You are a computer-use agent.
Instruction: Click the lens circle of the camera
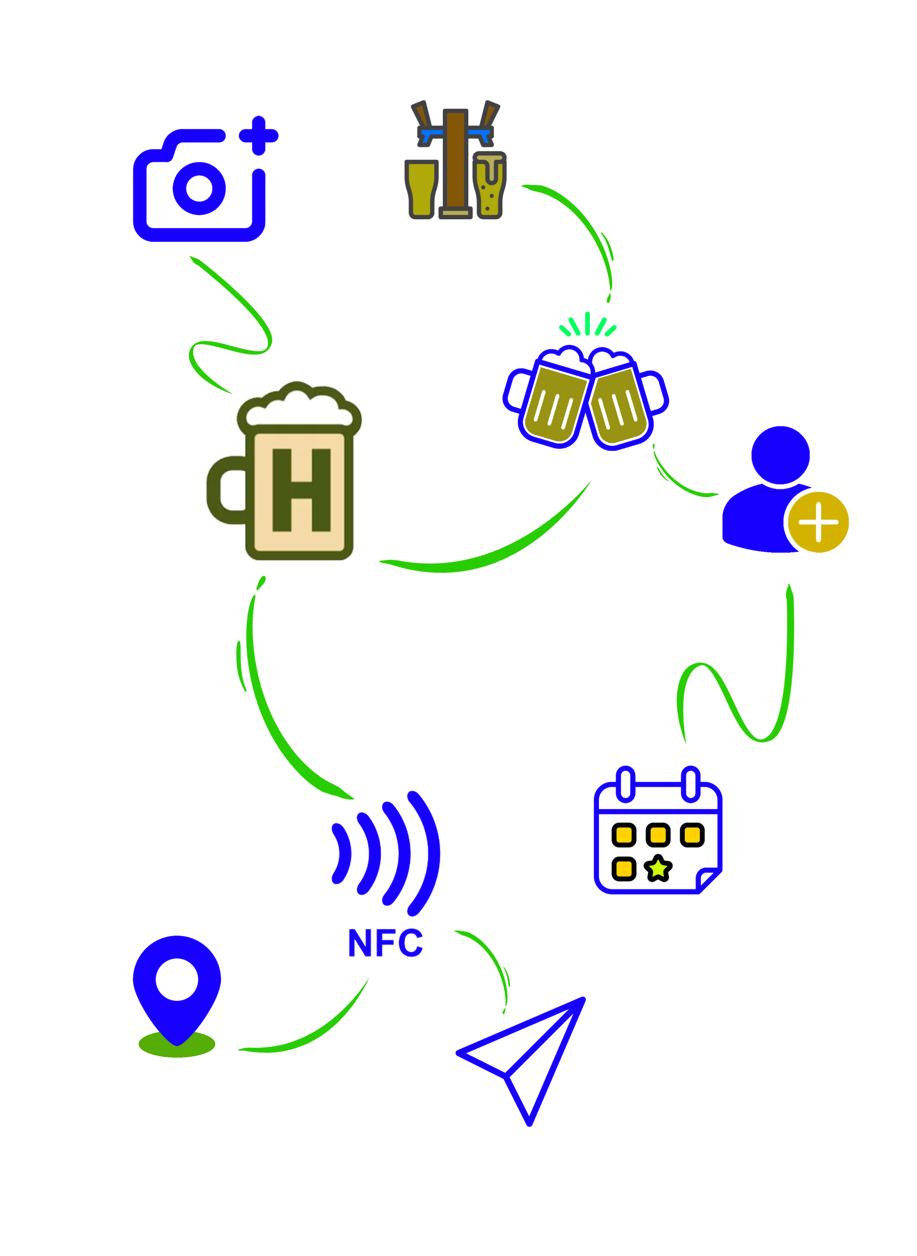[199, 188]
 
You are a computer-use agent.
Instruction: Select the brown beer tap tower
[455, 161]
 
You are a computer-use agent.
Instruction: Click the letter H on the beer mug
[302, 489]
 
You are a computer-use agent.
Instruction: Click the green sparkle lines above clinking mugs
[587, 324]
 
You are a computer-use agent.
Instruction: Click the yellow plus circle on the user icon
[818, 522]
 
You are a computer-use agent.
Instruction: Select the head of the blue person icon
[780, 455]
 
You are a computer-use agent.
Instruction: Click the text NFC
[385, 943]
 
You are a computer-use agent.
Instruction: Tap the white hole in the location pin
[177, 980]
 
